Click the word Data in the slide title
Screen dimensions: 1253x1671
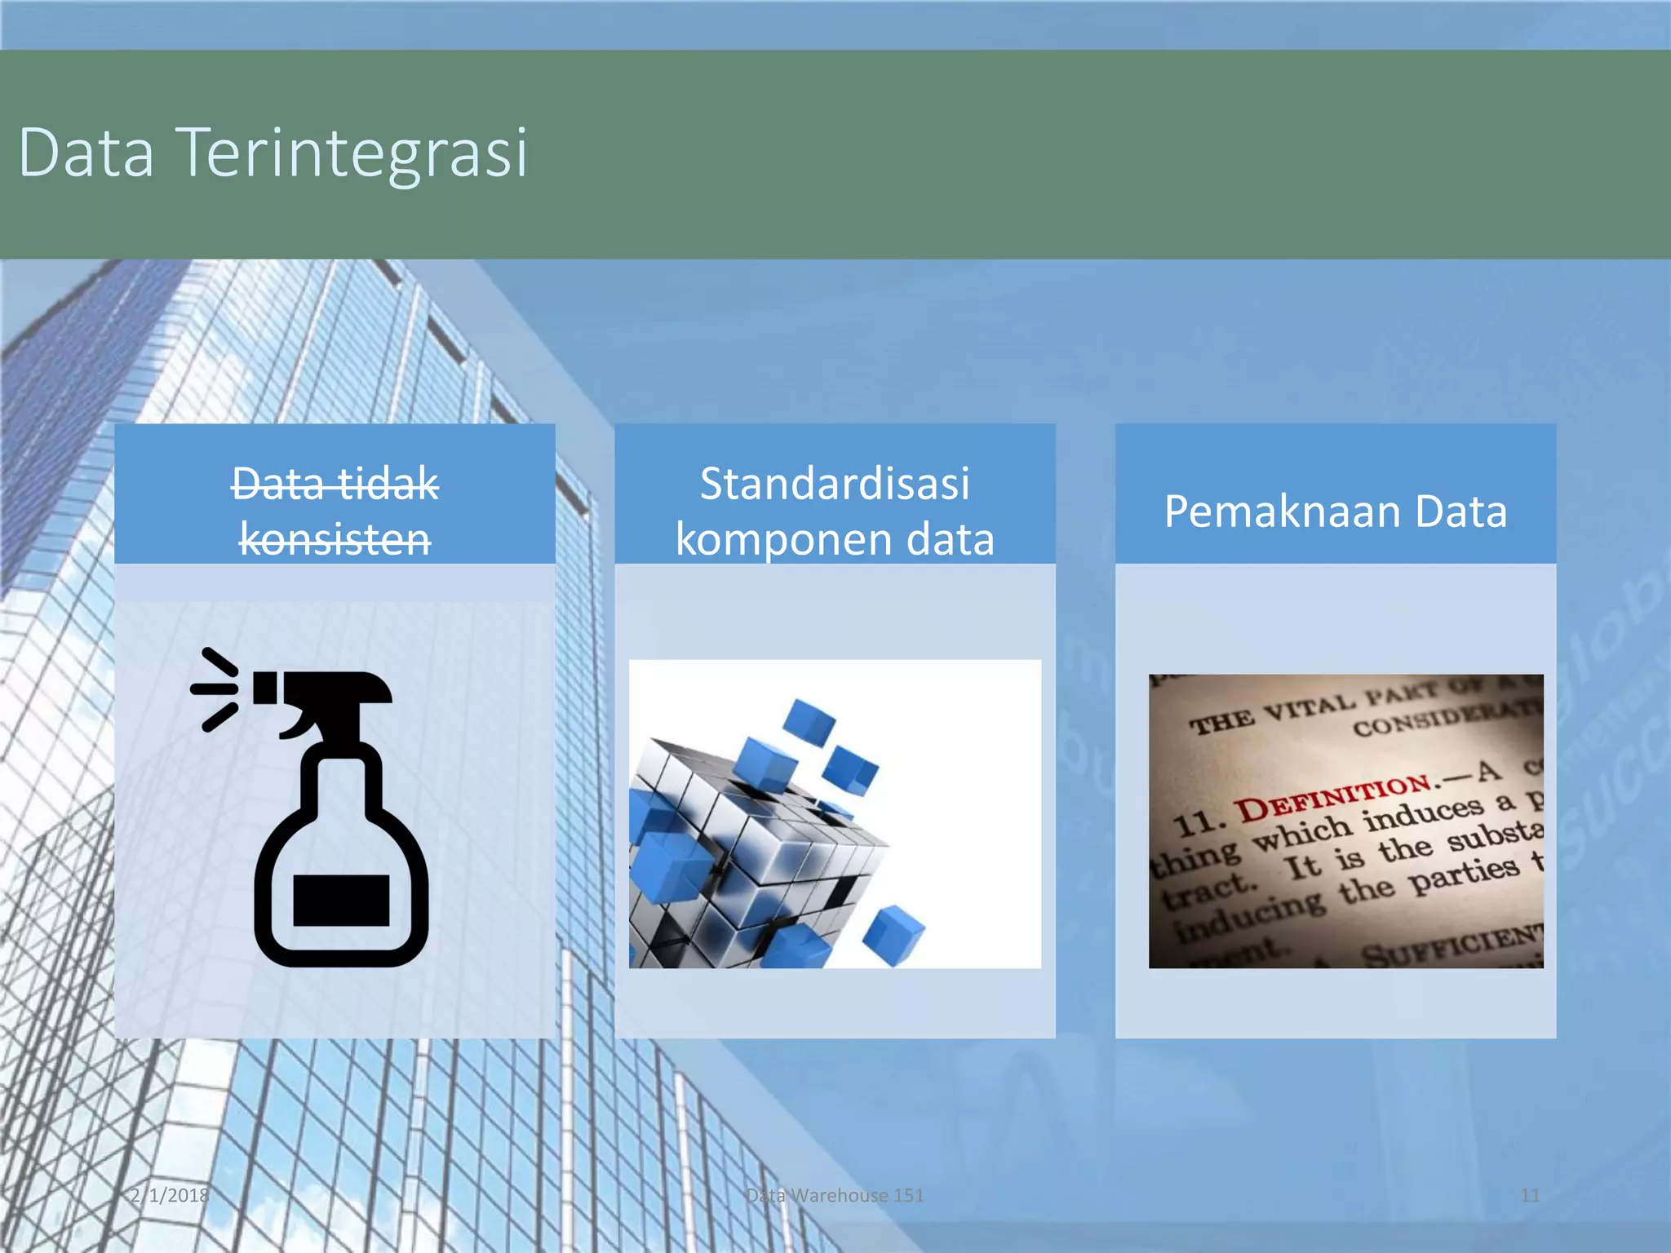point(86,153)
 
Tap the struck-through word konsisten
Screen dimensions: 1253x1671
point(335,539)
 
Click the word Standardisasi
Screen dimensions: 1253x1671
point(835,483)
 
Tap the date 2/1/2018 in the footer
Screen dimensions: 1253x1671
point(170,1195)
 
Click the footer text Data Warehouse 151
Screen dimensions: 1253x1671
point(835,1195)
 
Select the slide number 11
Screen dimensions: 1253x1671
point(1530,1195)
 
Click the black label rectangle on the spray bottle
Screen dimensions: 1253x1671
point(340,900)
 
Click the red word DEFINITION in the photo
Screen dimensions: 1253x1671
point(1334,796)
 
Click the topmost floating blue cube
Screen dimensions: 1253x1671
point(809,721)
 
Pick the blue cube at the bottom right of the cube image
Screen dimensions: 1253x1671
point(893,935)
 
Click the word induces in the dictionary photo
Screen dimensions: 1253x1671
point(1424,813)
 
